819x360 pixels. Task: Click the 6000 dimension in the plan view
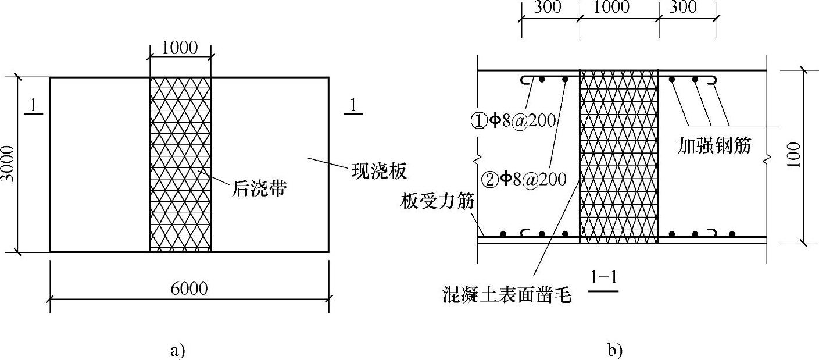coord(190,289)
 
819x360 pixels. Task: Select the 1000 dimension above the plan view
coord(180,48)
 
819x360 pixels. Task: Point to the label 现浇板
coord(378,172)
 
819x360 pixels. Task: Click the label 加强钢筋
coord(714,145)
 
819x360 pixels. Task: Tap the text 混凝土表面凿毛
coord(506,296)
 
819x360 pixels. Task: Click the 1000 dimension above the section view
coord(613,7)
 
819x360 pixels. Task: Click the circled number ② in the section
coord(491,179)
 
